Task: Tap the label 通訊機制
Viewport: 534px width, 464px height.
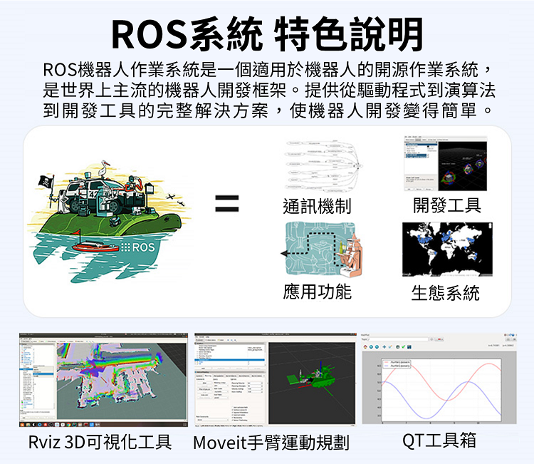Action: click(317, 206)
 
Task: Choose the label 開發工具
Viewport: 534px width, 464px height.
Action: click(447, 206)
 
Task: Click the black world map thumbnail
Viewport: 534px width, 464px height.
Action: click(447, 249)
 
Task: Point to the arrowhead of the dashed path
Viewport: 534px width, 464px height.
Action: click(286, 253)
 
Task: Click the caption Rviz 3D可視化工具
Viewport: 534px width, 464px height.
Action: click(100, 442)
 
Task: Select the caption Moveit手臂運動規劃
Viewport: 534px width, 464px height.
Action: click(271, 443)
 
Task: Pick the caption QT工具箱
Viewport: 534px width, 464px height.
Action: click(439, 440)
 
